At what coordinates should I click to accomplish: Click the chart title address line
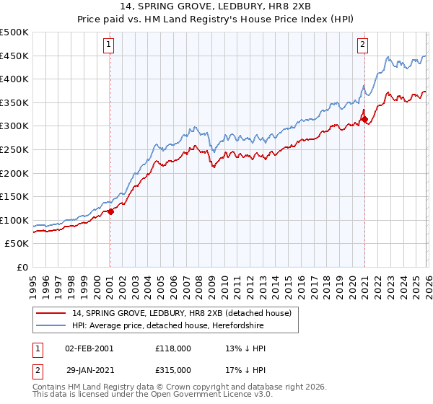click(x=216, y=8)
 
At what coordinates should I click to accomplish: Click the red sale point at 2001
click(x=110, y=211)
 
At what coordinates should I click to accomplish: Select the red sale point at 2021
click(x=364, y=119)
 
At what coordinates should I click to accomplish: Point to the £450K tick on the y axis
click(x=15, y=56)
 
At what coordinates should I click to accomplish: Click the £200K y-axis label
click(x=15, y=173)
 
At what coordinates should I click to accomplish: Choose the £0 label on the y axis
click(x=22, y=267)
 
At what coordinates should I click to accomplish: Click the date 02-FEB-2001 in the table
click(x=89, y=348)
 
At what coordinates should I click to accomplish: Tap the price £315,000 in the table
click(x=173, y=369)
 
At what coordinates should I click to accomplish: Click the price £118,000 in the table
click(x=173, y=348)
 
